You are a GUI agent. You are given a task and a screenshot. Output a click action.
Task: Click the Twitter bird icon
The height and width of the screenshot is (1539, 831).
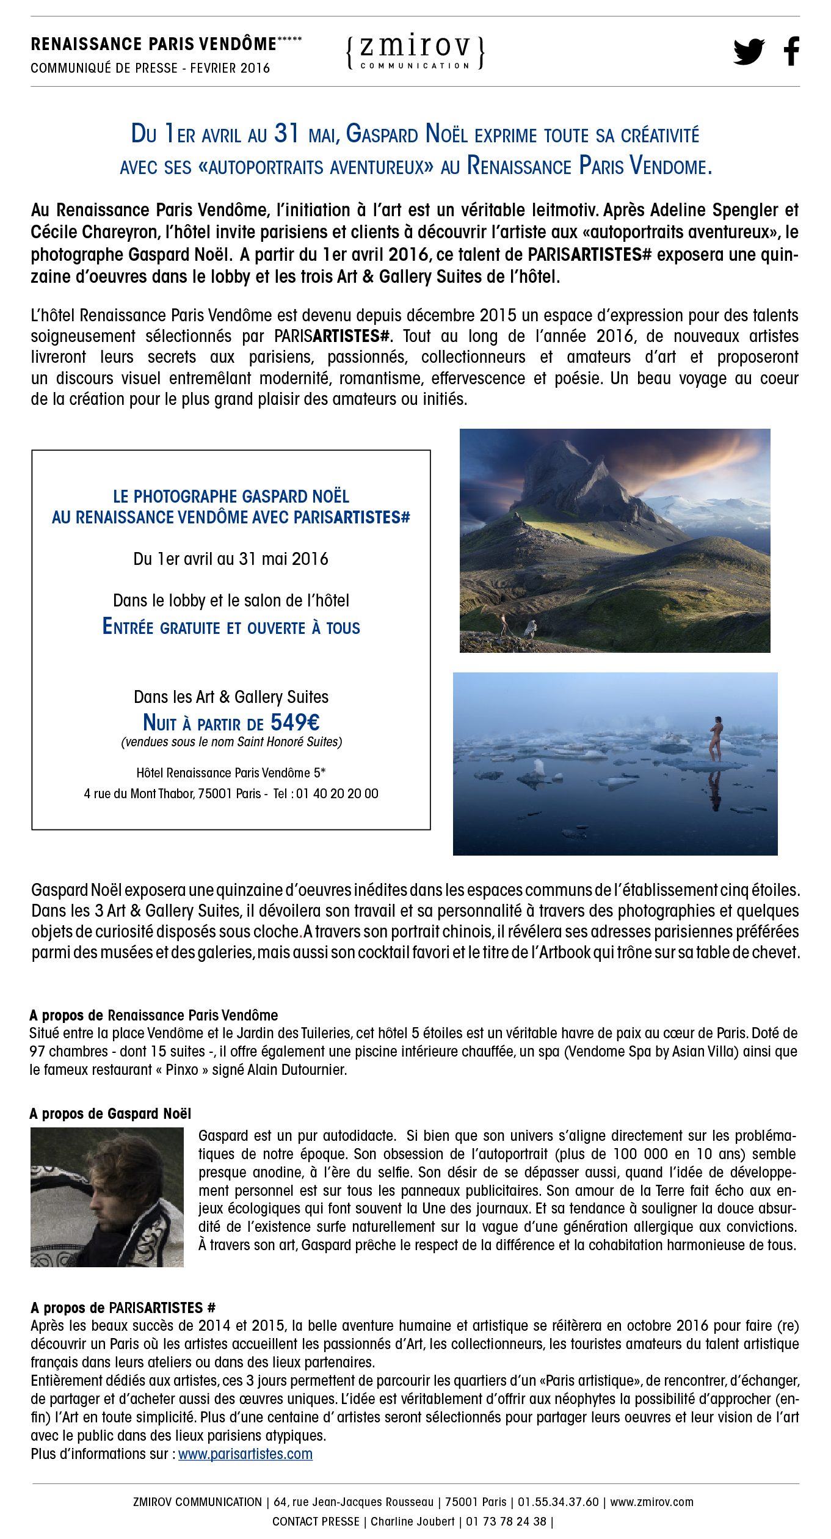749,51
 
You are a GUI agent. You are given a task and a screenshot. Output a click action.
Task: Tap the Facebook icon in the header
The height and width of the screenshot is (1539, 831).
791,51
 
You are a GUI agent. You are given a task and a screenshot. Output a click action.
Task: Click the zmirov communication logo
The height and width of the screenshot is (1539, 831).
415,51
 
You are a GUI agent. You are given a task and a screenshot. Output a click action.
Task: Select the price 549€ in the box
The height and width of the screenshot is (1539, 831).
295,722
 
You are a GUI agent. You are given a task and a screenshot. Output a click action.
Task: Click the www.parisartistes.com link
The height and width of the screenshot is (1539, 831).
245,1454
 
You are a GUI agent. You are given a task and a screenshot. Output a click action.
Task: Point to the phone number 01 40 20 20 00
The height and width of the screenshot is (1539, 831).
337,793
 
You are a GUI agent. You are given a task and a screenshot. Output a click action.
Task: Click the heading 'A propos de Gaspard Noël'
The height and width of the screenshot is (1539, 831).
111,1113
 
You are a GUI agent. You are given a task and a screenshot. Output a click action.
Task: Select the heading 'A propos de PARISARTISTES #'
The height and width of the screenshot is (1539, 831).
123,1307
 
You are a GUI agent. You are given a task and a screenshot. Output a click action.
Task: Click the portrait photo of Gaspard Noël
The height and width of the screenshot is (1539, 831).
107,1196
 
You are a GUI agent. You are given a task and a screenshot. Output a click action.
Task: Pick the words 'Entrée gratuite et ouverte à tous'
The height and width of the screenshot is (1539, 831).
231,627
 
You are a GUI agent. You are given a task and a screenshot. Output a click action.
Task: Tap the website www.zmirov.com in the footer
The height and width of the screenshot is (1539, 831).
651,1502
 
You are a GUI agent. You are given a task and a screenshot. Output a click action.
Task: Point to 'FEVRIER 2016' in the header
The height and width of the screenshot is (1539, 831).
230,68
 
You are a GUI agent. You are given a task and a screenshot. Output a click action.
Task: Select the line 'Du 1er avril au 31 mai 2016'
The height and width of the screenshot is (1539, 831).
231,559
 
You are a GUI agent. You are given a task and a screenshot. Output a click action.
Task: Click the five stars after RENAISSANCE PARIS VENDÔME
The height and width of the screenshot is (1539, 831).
289,40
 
